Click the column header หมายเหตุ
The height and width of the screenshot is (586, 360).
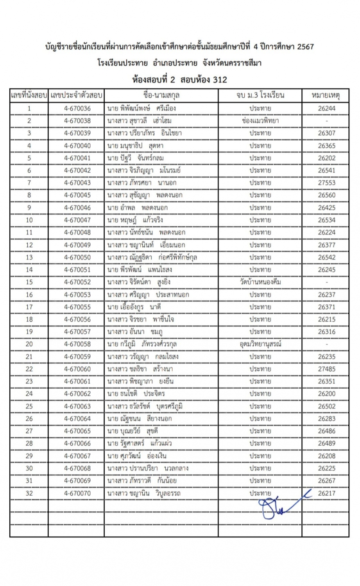[326, 95]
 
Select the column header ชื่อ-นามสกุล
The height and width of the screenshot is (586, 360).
[161, 95]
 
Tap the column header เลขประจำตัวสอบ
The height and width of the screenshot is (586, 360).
[77, 95]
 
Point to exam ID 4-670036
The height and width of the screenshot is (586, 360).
[77, 108]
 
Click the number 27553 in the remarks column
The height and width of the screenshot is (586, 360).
[326, 183]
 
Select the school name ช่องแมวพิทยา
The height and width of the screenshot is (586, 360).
[260, 121]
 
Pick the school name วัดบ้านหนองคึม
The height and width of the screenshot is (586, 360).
[261, 282]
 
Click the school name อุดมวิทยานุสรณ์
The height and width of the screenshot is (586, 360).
[261, 344]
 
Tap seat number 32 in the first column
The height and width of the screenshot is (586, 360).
[29, 493]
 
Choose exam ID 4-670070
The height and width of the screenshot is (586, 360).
[77, 493]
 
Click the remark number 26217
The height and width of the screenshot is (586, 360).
[326, 493]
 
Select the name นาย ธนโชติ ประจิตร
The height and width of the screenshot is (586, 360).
[136, 394]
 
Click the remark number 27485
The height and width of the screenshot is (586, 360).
[326, 369]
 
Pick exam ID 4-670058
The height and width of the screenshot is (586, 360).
[77, 344]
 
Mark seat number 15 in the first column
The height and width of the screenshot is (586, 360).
[29, 282]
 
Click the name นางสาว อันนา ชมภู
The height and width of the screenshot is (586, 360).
[135, 332]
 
